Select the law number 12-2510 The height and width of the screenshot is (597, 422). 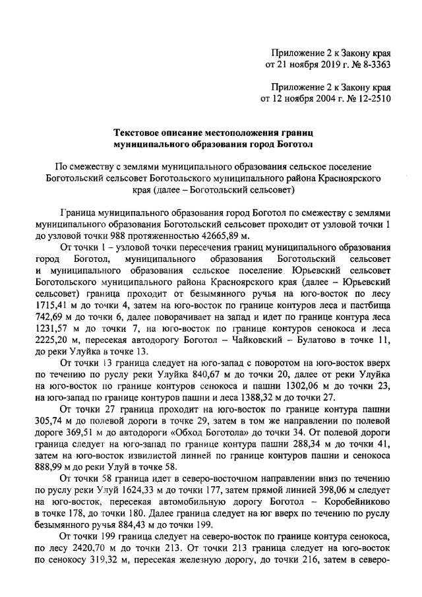point(370,100)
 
